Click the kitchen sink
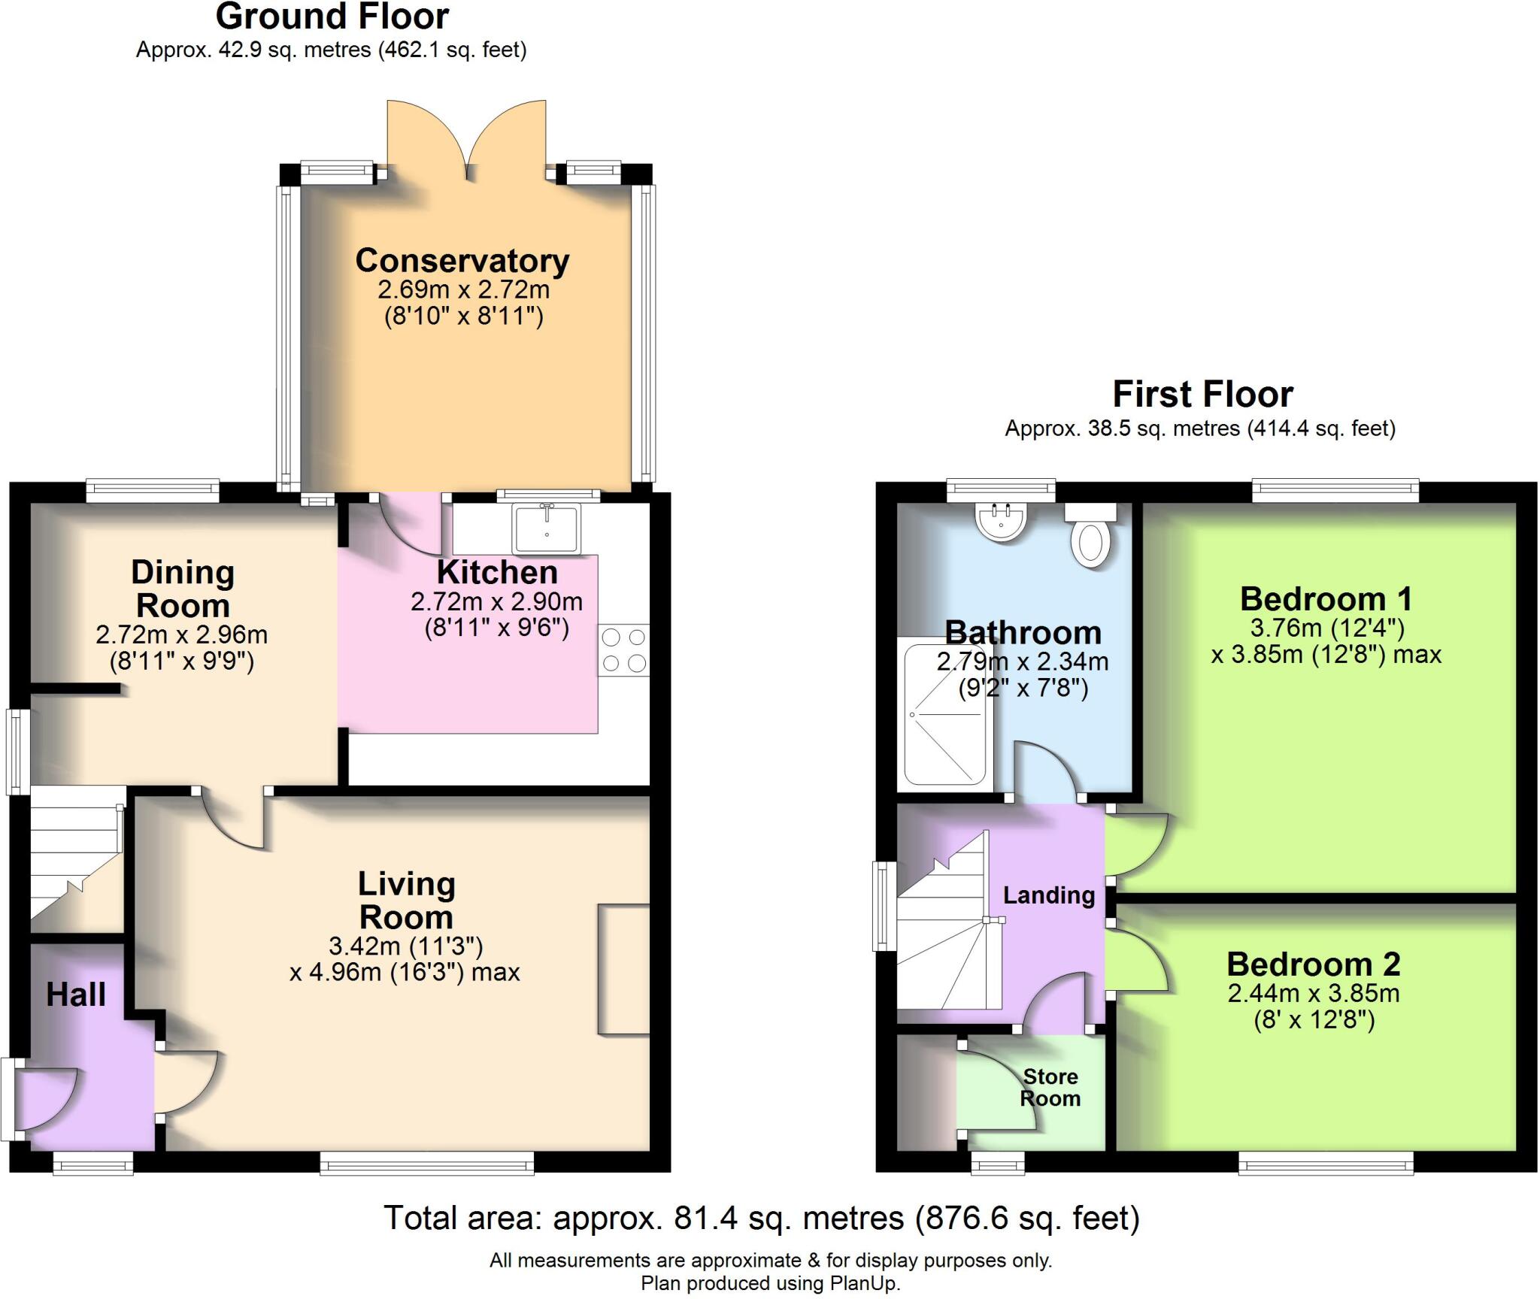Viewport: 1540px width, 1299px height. (546, 528)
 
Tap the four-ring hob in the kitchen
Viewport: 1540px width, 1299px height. (623, 650)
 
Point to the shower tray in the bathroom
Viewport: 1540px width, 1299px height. (945, 714)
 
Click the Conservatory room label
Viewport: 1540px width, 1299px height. (462, 261)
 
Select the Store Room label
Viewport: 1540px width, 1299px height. (1050, 1087)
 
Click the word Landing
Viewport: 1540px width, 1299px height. (1048, 895)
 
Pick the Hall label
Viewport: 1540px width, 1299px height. (76, 995)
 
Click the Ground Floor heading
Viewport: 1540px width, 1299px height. (332, 17)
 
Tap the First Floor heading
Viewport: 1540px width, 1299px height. (1202, 394)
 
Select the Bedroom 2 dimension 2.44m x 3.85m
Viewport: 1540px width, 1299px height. (1313, 993)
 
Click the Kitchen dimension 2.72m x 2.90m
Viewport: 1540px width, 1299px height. (496, 601)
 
